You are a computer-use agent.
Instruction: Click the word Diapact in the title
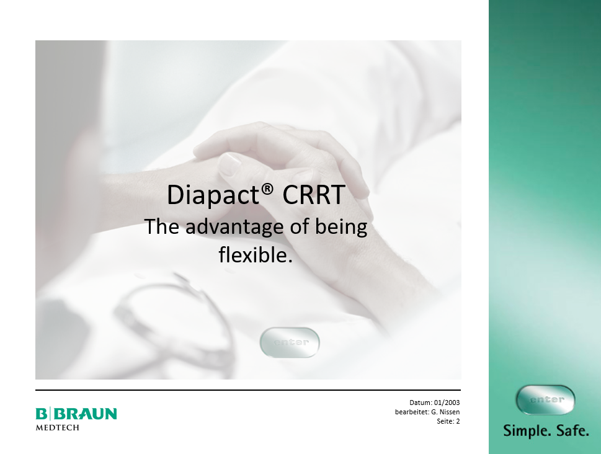tap(213, 195)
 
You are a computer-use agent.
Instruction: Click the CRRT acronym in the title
tap(314, 195)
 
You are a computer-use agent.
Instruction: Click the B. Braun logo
tap(76, 414)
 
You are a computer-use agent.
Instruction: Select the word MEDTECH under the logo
tap(58, 427)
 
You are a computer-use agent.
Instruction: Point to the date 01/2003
tap(447, 403)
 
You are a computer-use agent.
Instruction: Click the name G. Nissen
tap(445, 412)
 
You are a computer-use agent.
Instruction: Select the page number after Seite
tap(458, 421)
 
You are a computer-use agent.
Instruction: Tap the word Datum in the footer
tap(421, 403)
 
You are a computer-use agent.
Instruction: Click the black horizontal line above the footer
tap(248, 390)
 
